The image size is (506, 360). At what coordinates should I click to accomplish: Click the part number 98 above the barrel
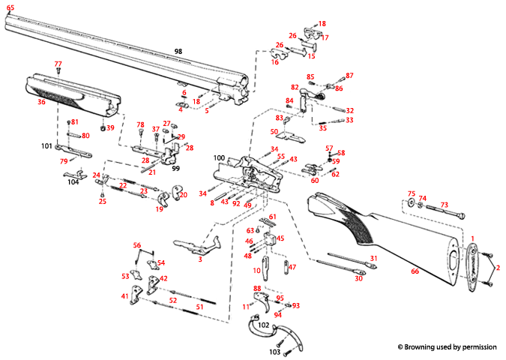178,51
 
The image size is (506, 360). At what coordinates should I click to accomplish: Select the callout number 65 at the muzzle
10,7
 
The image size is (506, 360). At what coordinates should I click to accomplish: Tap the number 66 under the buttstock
415,271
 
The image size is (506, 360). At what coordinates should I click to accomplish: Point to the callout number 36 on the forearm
41,102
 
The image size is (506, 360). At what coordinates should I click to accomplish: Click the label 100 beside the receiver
219,157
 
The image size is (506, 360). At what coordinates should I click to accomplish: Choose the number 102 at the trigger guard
264,325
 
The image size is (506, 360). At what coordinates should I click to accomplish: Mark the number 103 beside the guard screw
274,351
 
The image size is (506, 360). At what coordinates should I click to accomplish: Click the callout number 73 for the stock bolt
444,205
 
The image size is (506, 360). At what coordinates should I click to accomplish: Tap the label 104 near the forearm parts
73,182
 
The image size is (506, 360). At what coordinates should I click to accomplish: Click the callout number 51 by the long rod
199,307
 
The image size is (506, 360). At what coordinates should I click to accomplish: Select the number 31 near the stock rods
373,259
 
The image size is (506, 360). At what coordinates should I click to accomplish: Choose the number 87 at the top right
349,76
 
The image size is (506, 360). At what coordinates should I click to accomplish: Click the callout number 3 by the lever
200,259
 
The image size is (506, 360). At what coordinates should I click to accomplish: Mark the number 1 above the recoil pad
473,238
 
